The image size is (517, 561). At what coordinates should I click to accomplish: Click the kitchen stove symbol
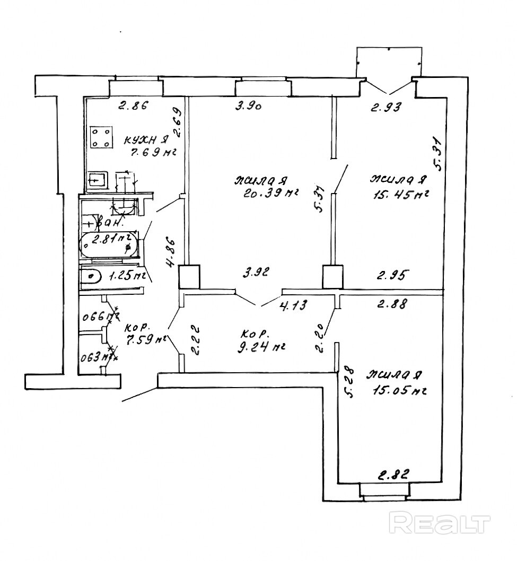pyautogui.click(x=101, y=137)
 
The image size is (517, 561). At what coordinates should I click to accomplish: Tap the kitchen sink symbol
pyautogui.click(x=98, y=180)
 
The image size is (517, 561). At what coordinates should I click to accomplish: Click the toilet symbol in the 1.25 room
pyautogui.click(x=91, y=276)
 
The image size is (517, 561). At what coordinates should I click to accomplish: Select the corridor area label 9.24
pyautogui.click(x=262, y=347)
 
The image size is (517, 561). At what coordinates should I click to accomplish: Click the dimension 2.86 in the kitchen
pyautogui.click(x=132, y=106)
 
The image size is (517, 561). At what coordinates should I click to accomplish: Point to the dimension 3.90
pyautogui.click(x=250, y=107)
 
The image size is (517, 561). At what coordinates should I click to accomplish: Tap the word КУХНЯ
pyautogui.click(x=146, y=141)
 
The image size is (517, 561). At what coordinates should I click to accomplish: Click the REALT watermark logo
pyautogui.click(x=439, y=523)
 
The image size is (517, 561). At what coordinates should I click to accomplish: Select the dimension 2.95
pyautogui.click(x=393, y=275)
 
